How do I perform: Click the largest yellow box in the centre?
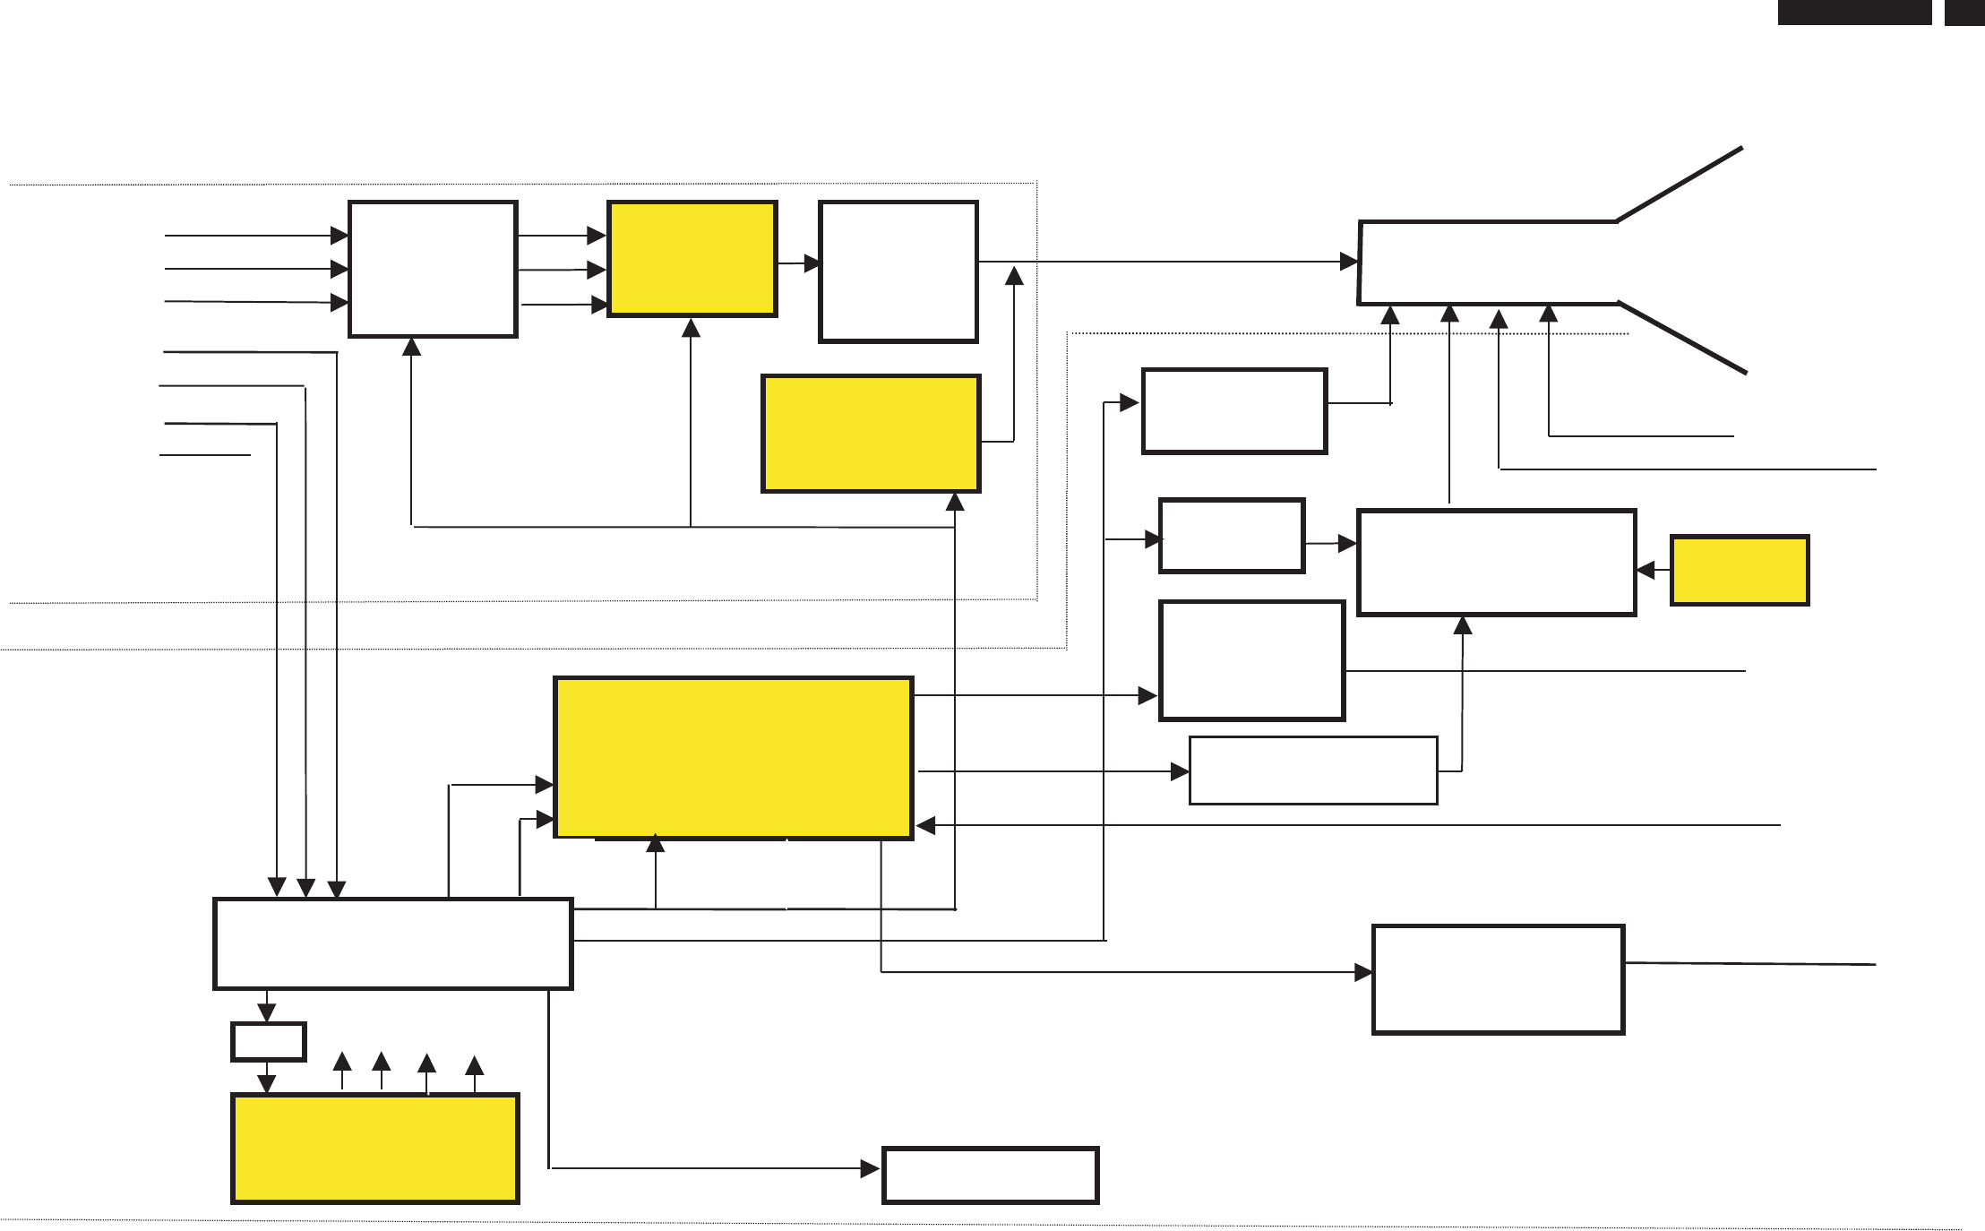734,758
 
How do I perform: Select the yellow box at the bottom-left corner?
375,1148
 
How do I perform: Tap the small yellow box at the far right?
1740,571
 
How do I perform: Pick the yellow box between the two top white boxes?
692,259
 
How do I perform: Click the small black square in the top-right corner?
1964,13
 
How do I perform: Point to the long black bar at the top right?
1854,13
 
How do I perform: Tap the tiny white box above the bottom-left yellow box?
269,1041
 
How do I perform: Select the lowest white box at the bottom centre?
990,1175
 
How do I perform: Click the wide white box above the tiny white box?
392,943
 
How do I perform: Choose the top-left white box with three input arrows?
433,269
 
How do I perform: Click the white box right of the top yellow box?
898,271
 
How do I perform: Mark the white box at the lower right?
1498,979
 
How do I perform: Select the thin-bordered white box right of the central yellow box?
1313,770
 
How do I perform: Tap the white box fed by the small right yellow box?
1497,563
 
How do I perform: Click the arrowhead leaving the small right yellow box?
1646,570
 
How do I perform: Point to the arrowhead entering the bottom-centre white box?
870,1168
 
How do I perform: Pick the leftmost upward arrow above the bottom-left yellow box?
342,1062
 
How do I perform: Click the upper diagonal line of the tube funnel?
1680,184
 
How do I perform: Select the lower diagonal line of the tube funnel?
1682,338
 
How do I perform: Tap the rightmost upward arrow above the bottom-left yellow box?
475,1065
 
